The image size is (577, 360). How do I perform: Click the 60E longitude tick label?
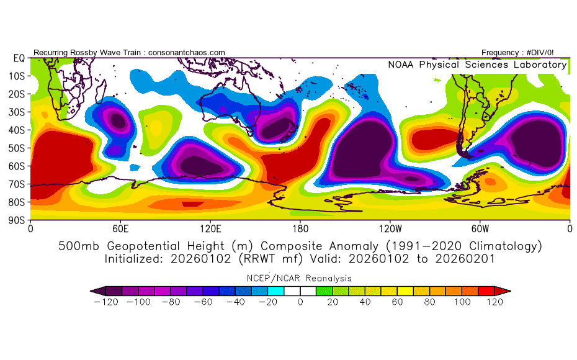pos(120,228)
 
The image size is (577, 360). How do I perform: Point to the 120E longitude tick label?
pos(210,228)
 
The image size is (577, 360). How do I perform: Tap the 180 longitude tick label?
pos(300,228)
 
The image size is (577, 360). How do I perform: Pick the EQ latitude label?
pos(19,58)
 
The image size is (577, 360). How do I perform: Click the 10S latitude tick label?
pos(18,76)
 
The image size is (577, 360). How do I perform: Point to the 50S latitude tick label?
pos(18,148)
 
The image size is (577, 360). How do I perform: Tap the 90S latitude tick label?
pos(18,220)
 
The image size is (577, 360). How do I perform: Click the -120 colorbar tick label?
pos(106,302)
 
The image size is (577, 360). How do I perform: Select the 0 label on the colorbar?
pos(300,302)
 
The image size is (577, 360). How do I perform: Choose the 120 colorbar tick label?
pos(494,302)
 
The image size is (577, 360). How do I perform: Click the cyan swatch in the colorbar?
pos(275,290)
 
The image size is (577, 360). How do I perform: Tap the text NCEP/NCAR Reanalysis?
pos(300,277)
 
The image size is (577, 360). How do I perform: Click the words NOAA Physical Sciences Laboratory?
pos(477,65)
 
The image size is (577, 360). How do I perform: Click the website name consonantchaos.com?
pos(187,53)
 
